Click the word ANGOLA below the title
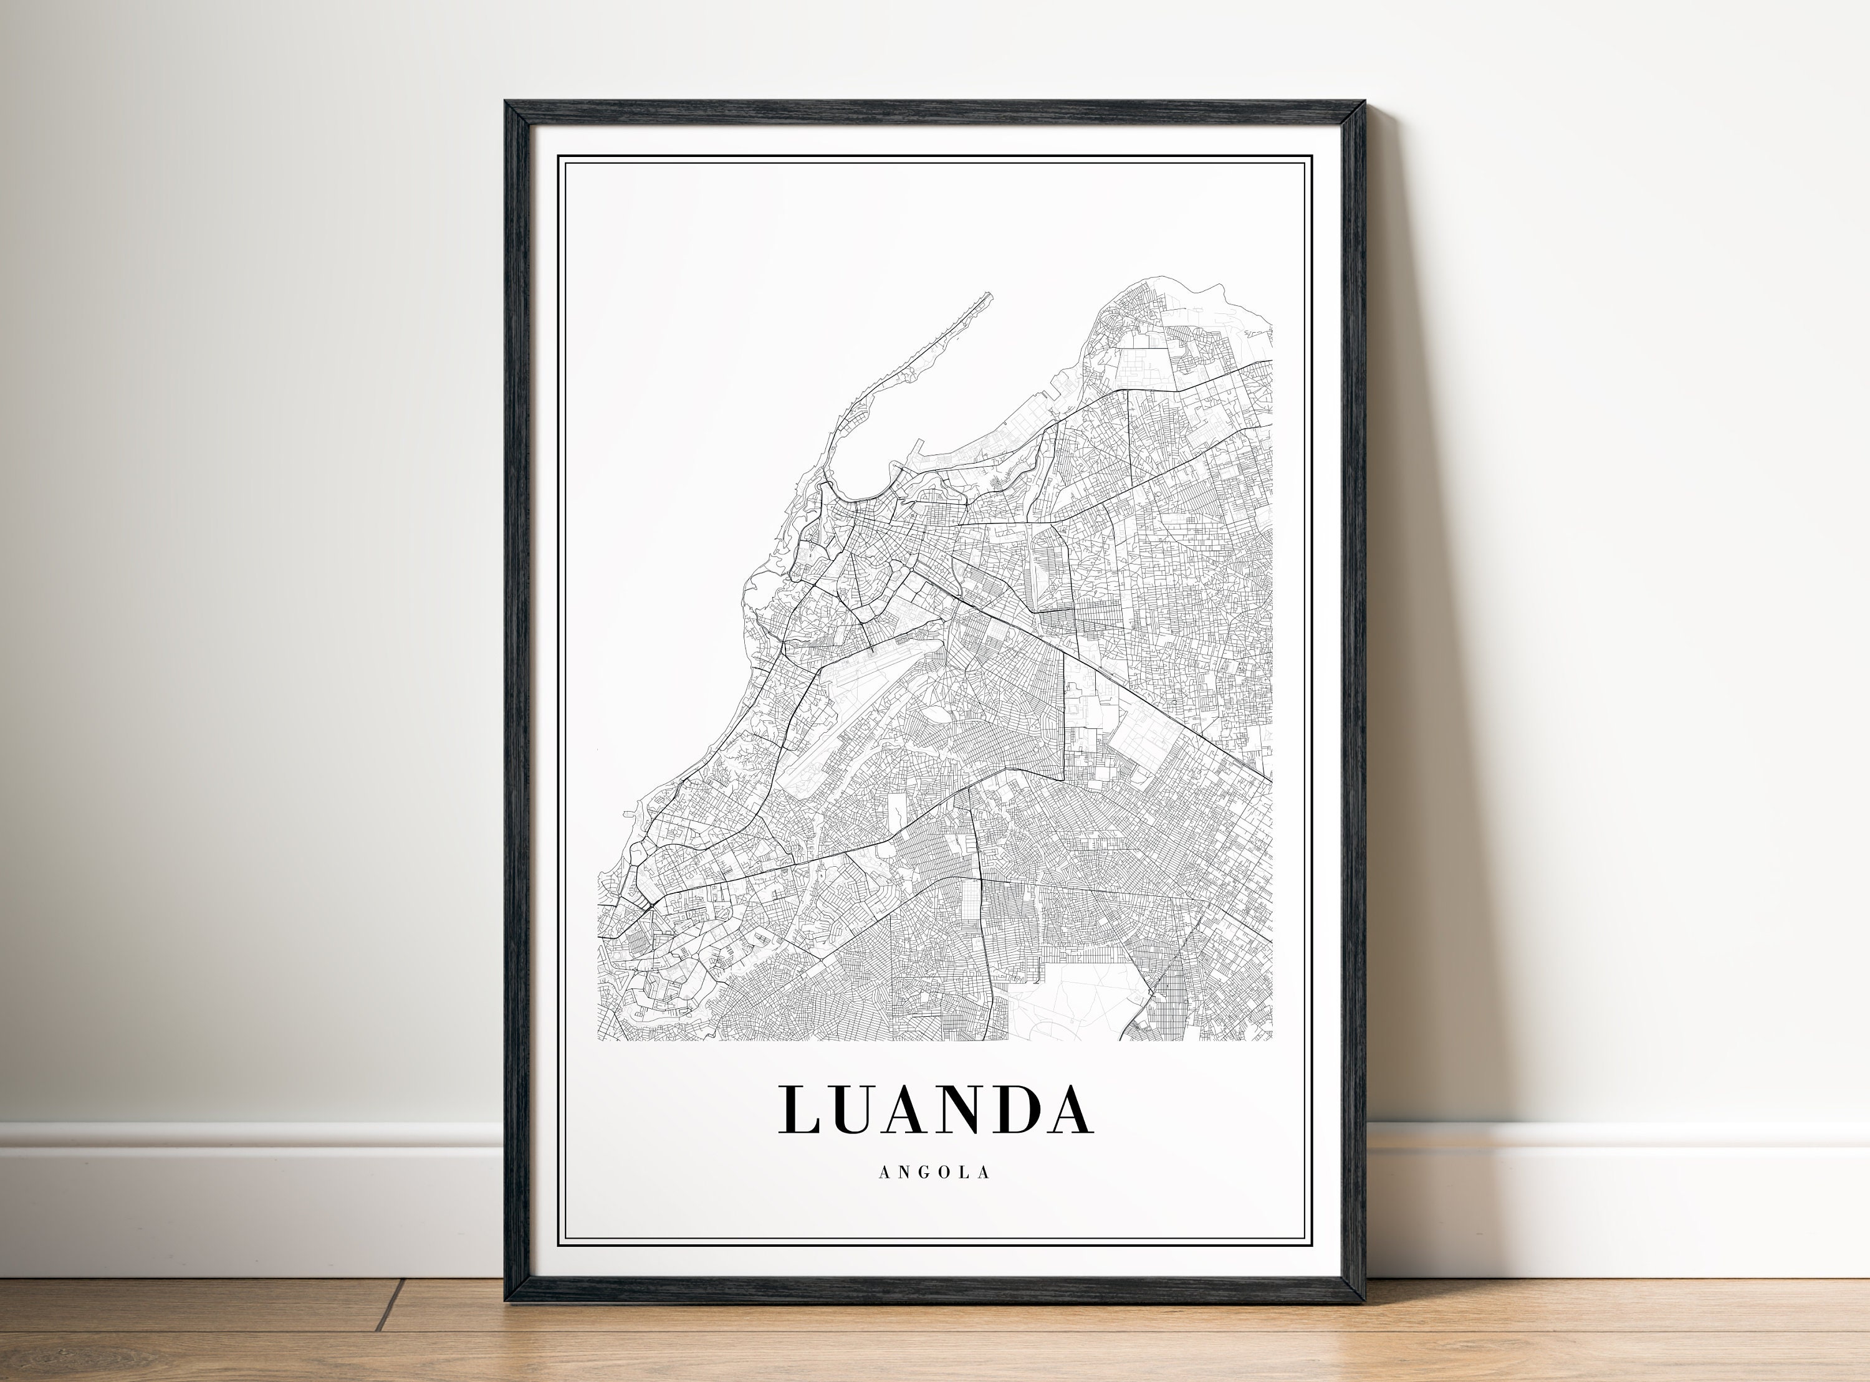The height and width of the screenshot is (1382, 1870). pyautogui.click(x=934, y=1173)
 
